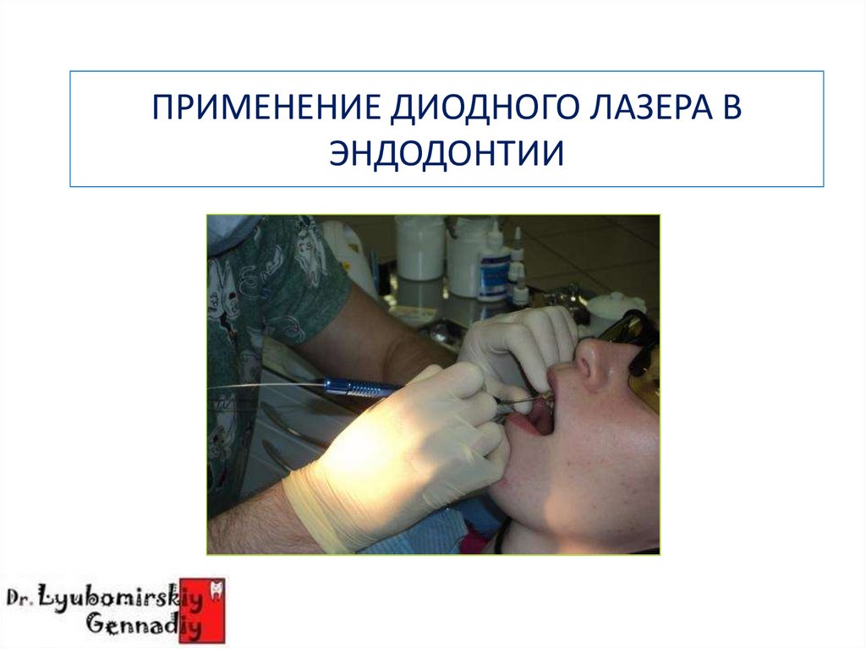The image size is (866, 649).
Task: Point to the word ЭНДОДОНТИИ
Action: tap(446, 154)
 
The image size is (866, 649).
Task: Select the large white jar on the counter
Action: tap(419, 248)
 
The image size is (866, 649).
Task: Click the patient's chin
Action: tap(541, 499)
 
